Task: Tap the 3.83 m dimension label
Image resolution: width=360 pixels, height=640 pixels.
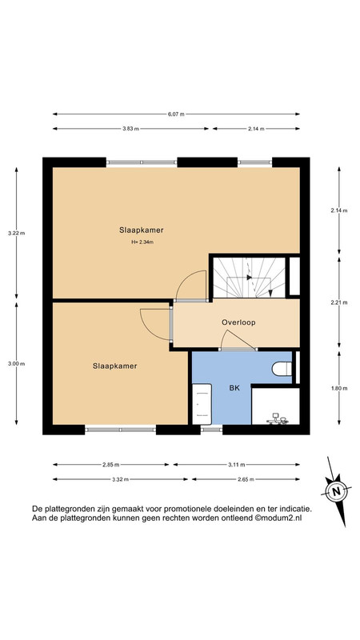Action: click(130, 129)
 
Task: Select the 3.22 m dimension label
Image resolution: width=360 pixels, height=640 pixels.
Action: click(16, 234)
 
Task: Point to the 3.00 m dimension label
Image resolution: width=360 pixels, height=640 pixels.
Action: click(16, 364)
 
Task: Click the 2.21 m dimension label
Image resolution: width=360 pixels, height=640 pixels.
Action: click(339, 303)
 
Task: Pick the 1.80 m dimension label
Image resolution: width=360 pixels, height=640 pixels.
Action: click(339, 389)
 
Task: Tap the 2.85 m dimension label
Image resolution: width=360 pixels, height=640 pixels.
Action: click(111, 465)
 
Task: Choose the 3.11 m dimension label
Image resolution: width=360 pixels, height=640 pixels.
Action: click(237, 465)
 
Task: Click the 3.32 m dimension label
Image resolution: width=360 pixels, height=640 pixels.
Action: click(121, 479)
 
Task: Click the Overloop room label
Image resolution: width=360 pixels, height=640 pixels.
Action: click(238, 322)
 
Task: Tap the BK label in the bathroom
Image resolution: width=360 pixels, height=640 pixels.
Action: click(234, 389)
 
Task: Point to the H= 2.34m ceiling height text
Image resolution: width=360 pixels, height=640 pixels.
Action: click(142, 242)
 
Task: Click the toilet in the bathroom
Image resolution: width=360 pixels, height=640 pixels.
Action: click(282, 369)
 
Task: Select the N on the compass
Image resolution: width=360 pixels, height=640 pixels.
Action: click(336, 491)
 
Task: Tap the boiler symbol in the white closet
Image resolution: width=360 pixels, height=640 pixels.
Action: click(278, 418)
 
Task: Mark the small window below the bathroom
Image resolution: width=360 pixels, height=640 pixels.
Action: click(211, 430)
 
